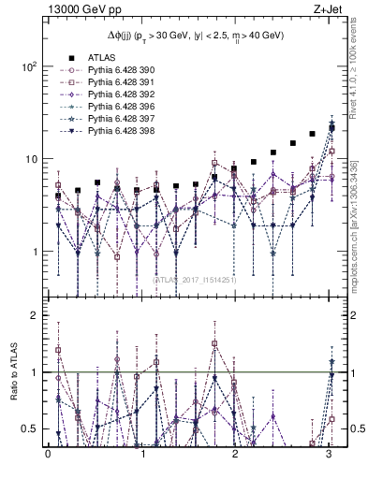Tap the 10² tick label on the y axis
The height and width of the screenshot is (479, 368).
coord(29,67)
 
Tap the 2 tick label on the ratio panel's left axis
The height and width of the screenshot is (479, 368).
coord(34,316)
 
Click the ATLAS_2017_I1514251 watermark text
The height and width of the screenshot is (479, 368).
coord(196,279)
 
